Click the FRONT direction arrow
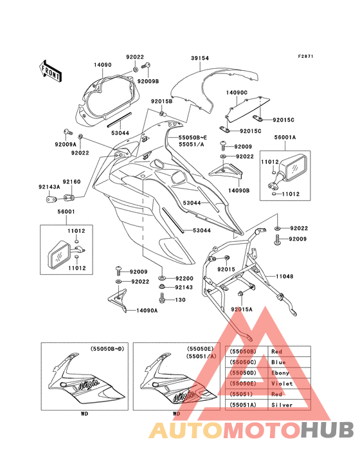pyautogui.click(x=50, y=71)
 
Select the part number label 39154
pyautogui.click(x=200, y=59)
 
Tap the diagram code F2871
pyautogui.click(x=306, y=56)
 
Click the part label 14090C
pyautogui.click(x=237, y=93)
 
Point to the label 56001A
pyautogui.click(x=285, y=138)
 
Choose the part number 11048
pyautogui.click(x=285, y=276)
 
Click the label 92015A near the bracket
pyautogui.click(x=242, y=309)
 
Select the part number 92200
pyautogui.click(x=184, y=279)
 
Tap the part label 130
pyautogui.click(x=180, y=300)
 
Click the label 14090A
pyautogui.click(x=147, y=311)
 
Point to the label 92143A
pyautogui.click(x=50, y=187)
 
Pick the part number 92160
pyautogui.click(x=72, y=181)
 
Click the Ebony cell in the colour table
pyautogui.click(x=280, y=373)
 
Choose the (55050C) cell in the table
pyautogui.click(x=243, y=362)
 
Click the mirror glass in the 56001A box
pyautogui.click(x=295, y=168)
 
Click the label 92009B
pyautogui.click(x=148, y=82)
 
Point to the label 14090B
pyautogui.click(x=239, y=190)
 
